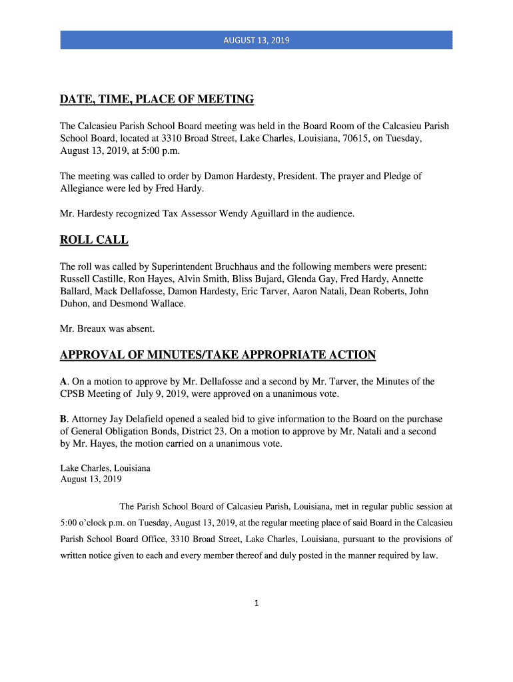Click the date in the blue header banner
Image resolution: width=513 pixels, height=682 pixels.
(256, 40)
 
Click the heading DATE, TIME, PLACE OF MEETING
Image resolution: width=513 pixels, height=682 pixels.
(157, 100)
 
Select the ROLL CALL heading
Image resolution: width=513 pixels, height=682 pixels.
(94, 240)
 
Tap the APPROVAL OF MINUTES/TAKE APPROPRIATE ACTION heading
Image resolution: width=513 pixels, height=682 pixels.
(218, 355)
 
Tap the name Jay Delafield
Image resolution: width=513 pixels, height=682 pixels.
(137, 419)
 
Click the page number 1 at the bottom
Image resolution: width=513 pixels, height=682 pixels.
(256, 604)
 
